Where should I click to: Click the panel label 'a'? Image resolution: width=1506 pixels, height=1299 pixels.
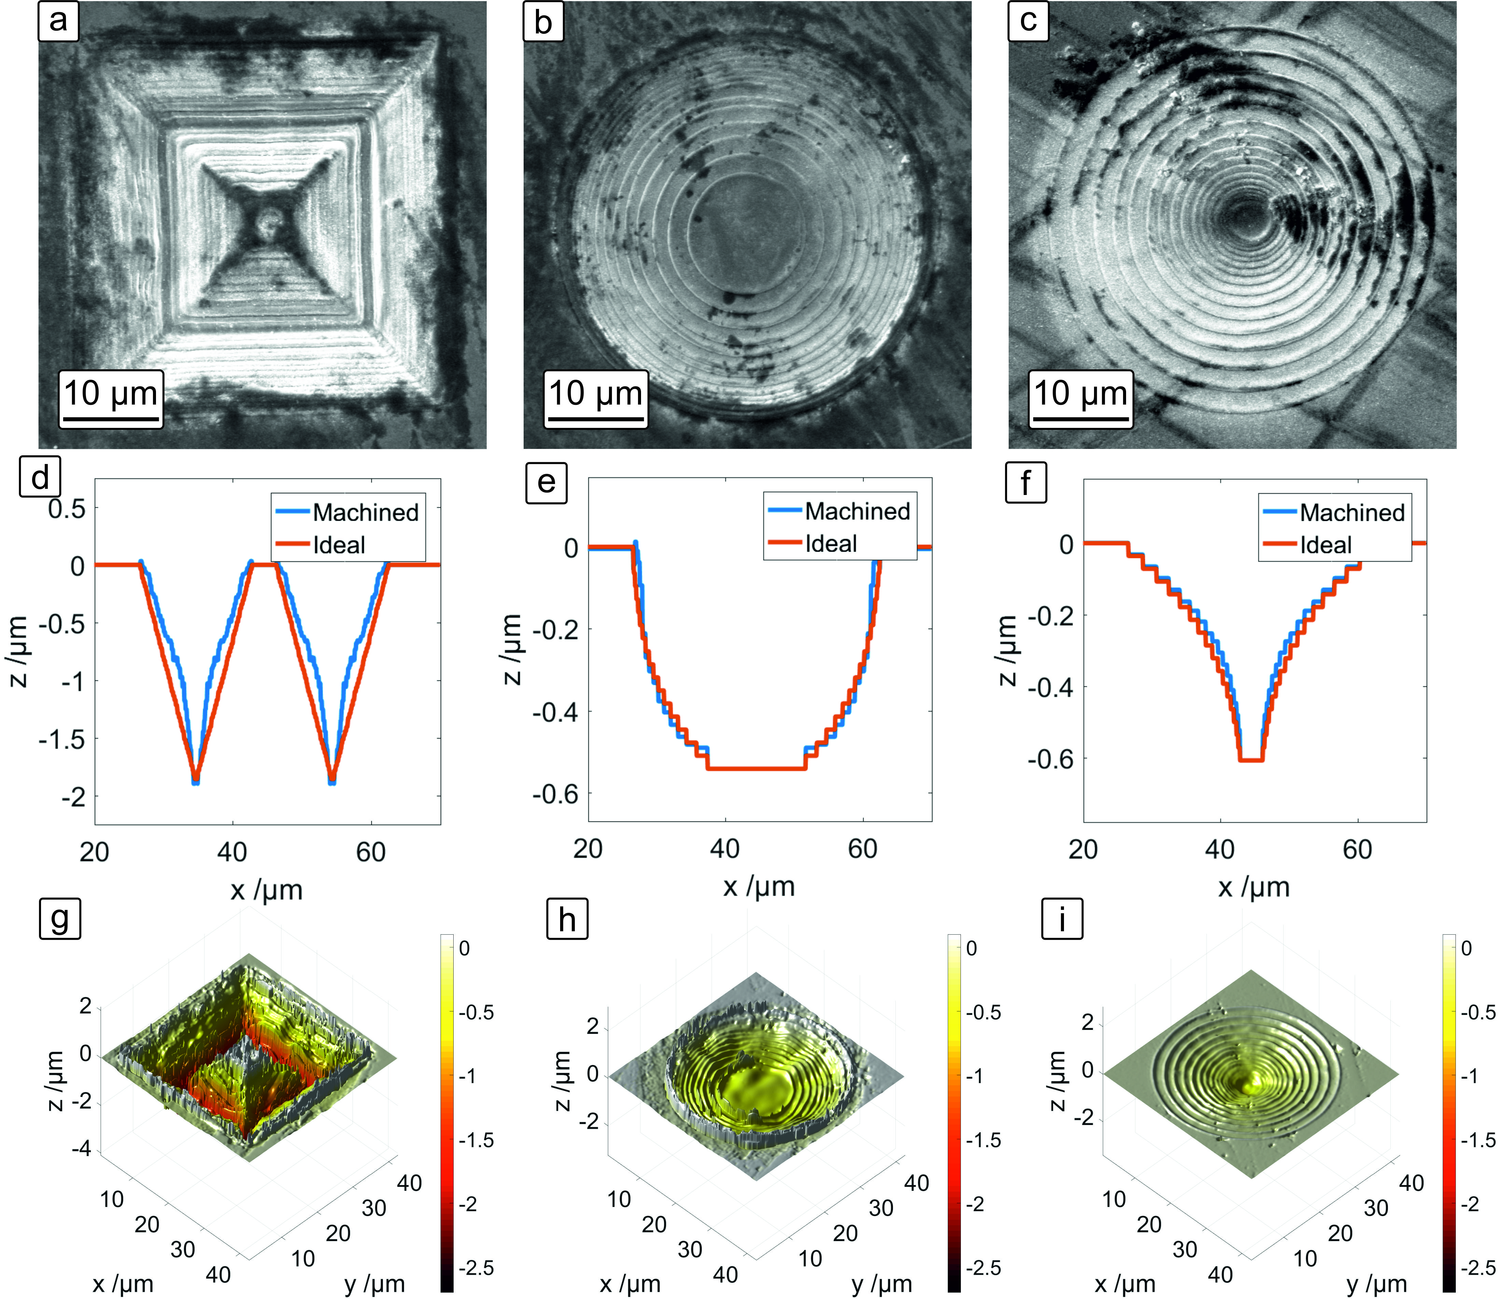[58, 21]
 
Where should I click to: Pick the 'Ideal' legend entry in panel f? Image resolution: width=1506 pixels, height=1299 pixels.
[1326, 545]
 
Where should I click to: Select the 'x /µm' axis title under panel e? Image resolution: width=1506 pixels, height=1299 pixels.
[759, 886]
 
